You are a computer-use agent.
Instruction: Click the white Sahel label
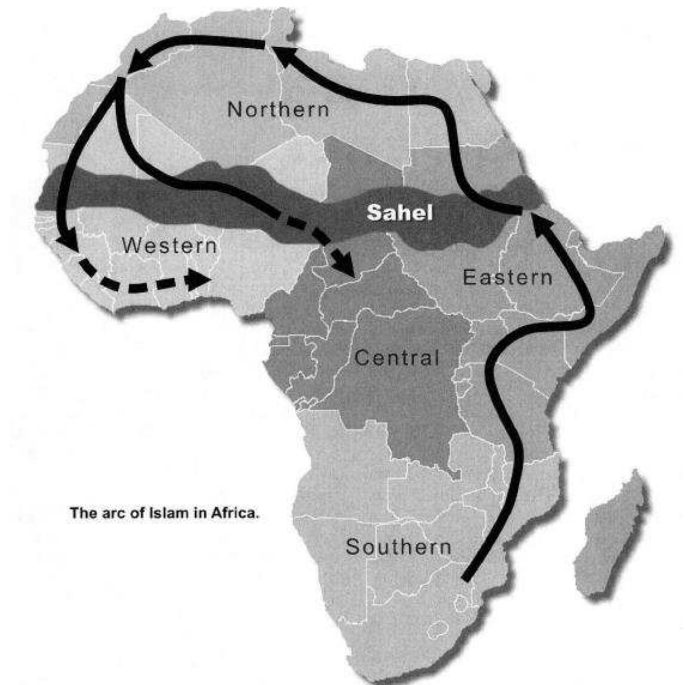399,212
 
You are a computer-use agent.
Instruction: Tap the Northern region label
278,110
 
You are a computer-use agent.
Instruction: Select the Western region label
169,246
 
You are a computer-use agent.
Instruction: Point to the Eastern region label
507,278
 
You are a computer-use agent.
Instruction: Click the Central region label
397,358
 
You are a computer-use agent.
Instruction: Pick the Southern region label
398,547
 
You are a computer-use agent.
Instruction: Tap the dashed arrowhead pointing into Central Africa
345,264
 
